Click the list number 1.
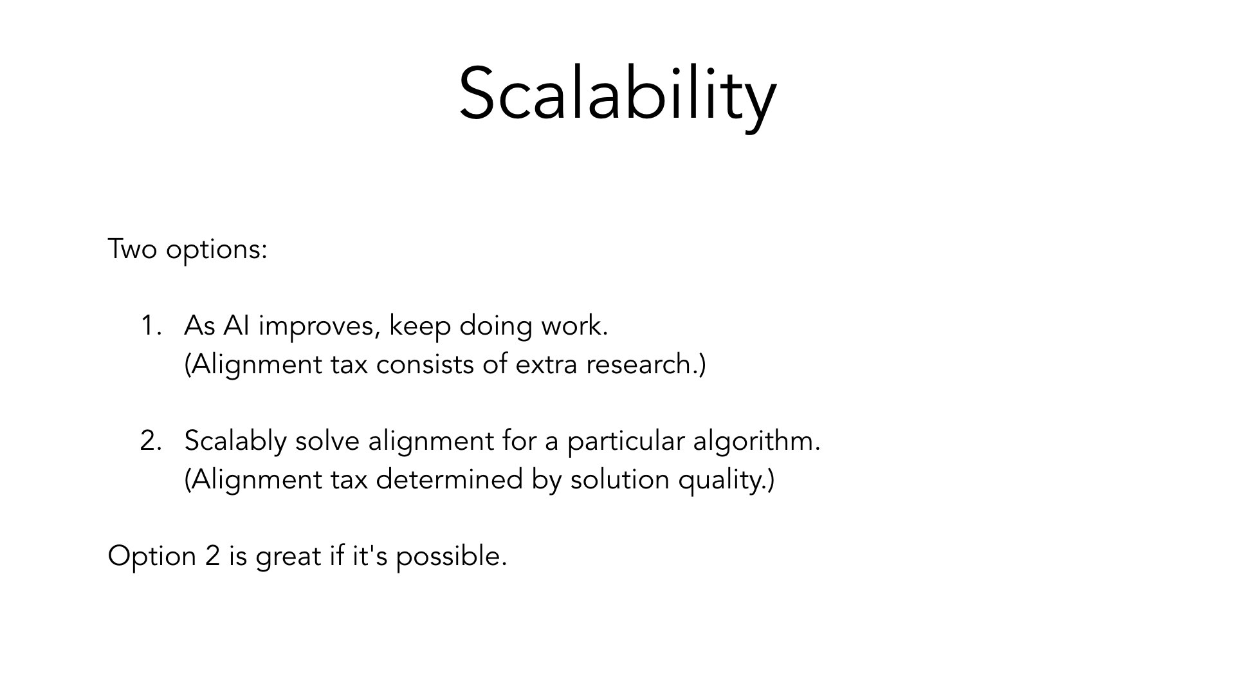151,326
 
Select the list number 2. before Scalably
151,441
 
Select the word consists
425,364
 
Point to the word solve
327,441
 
